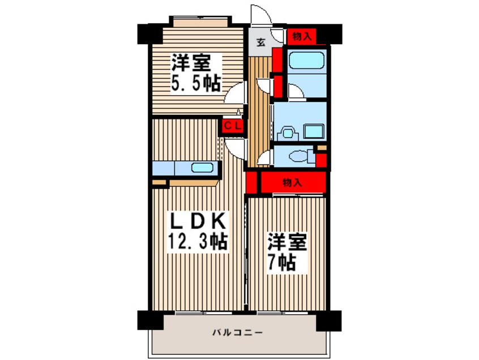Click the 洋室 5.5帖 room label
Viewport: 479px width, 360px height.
click(x=195, y=72)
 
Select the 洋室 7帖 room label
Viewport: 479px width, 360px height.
click(x=287, y=252)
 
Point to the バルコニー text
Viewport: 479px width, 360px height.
click(x=237, y=332)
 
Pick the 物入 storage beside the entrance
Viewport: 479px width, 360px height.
click(x=302, y=37)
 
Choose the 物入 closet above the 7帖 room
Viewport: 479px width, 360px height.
click(x=293, y=183)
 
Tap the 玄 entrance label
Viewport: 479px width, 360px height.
click(x=260, y=42)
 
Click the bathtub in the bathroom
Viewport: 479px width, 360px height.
click(x=306, y=60)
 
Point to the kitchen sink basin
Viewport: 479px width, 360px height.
click(x=202, y=168)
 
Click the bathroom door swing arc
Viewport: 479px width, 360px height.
click(x=295, y=91)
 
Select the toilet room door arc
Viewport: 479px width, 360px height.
click(x=264, y=158)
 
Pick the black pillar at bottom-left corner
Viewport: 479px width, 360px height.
click(x=149, y=320)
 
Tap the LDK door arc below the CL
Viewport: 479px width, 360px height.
click(x=235, y=148)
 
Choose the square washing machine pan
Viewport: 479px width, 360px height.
click(x=314, y=131)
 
